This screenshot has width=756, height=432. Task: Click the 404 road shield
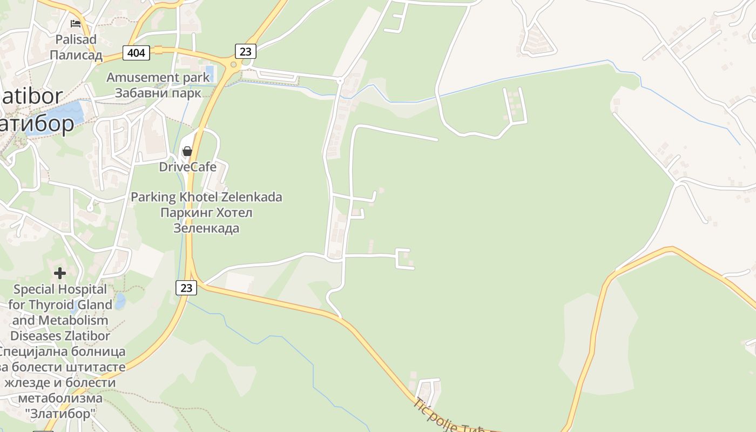137,52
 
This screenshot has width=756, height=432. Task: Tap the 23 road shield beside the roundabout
245,51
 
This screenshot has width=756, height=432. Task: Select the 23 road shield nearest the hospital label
186,288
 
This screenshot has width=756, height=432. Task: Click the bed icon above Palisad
76,24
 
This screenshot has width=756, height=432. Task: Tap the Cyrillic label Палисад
76,55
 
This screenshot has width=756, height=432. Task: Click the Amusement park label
158,77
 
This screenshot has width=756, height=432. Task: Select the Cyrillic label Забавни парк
158,92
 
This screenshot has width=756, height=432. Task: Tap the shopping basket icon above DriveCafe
187,151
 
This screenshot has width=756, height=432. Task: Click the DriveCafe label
187,167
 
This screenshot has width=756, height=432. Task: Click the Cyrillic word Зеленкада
206,228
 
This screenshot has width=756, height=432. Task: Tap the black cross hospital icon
60,273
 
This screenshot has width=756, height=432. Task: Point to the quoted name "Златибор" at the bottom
60,414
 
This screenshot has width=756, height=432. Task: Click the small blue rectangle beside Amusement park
211,73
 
